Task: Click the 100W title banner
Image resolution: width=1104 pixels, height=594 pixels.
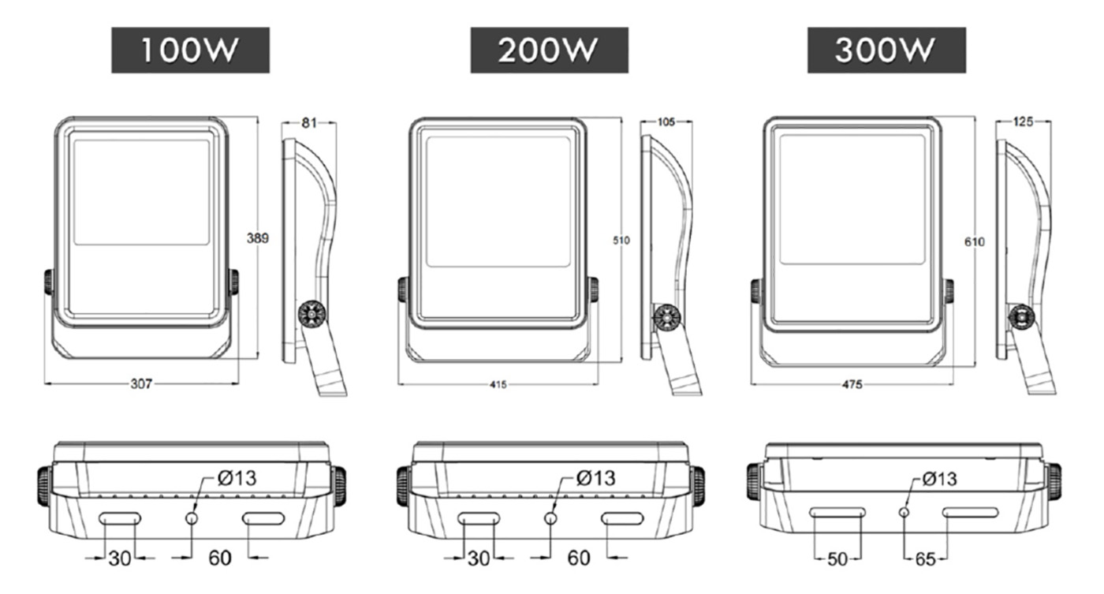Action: click(190, 50)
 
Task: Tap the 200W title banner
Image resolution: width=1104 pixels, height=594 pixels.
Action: click(549, 50)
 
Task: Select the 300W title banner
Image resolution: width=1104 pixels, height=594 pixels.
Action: click(886, 50)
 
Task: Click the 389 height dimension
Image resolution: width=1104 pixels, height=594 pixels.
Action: click(258, 238)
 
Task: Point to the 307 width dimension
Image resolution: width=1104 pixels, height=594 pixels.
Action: click(141, 383)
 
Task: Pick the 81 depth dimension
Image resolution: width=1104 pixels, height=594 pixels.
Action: click(309, 122)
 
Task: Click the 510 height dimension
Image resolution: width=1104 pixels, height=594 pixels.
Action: click(621, 240)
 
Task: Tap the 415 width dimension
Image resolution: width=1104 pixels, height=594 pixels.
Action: click(498, 384)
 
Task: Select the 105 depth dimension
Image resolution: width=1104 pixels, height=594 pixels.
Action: click(666, 121)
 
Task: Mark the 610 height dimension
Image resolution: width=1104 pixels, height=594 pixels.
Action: click(975, 241)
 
